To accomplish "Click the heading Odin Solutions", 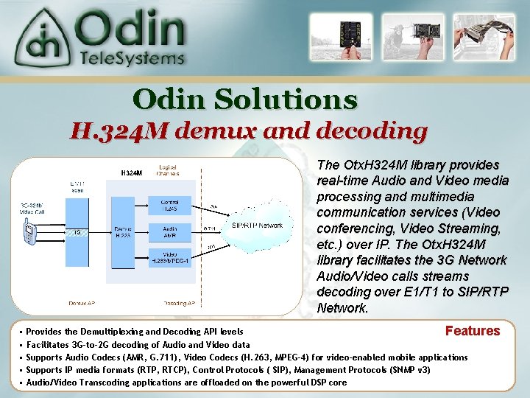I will coord(245,99).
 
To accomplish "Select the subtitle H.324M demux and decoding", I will coord(249,131).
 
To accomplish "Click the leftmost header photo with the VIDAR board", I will coord(336,36).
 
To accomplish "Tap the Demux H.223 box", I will coord(122,232).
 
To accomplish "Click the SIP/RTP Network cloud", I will coord(256,225).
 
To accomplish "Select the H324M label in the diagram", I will coord(130,173).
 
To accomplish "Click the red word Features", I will coord(472,331).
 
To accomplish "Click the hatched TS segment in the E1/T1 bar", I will coord(77,231).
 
